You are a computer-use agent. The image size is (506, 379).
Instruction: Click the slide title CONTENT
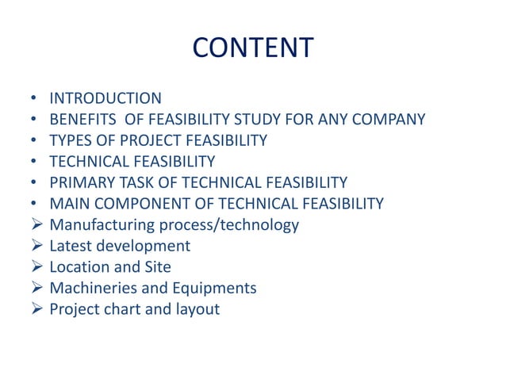253,48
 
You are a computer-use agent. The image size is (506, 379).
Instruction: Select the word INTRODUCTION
105,98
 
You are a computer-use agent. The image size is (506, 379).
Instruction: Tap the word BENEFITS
83,120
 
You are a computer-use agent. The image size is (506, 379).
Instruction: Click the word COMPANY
387,120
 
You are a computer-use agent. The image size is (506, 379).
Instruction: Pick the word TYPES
70,141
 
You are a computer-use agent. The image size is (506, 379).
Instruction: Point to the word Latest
70,247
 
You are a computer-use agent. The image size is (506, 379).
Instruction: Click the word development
144,247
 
